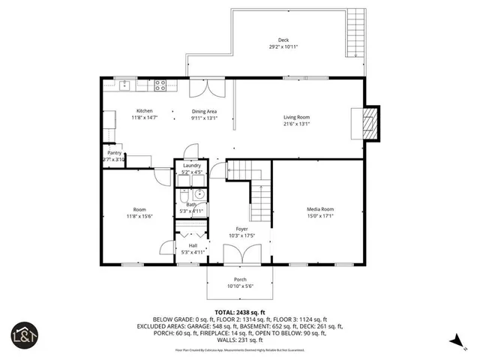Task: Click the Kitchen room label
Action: pyautogui.click(x=144, y=111)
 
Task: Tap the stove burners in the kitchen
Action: pyautogui.click(x=160, y=87)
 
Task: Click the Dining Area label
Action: pyautogui.click(x=203, y=111)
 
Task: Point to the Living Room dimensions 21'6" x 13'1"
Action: pyautogui.click(x=296, y=124)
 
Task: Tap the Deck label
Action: pyautogui.click(x=283, y=40)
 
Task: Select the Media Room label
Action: pyautogui.click(x=319, y=209)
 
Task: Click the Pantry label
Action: pyautogui.click(x=114, y=153)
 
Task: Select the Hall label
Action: pyautogui.click(x=193, y=245)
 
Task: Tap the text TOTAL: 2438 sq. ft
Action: pyautogui.click(x=240, y=312)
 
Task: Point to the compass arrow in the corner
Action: pyautogui.click(x=454, y=342)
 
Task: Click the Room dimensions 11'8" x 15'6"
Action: pyautogui.click(x=139, y=216)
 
